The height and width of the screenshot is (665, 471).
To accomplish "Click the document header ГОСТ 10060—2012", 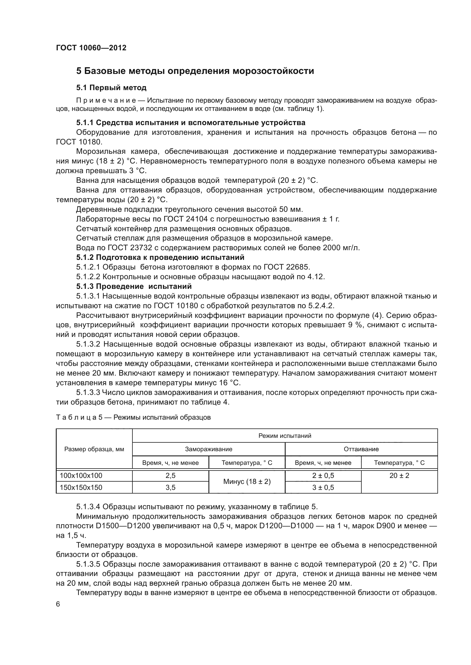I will coord(91,48).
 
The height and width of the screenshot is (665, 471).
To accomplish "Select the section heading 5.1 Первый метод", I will coord(111,88).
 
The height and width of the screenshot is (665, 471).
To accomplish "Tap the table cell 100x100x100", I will coord(81,476).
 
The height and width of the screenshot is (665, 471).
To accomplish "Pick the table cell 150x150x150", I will coord(81,488).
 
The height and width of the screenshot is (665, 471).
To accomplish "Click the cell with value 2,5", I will coord(171,476).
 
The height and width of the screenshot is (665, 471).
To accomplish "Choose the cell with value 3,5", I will coord(171,488).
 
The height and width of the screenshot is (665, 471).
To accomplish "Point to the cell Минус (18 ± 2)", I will coord(247,482).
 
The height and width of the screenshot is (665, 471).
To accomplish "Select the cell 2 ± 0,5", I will coord(323,476).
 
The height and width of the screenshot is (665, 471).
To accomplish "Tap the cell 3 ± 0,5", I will coord(323,488).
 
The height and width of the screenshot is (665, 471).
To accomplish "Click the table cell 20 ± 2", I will coord(399,476).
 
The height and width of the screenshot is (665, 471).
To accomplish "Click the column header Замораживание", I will coord(208,449).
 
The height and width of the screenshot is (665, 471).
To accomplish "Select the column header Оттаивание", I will coord(361,449).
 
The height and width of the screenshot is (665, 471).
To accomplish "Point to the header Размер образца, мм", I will coord(94,449).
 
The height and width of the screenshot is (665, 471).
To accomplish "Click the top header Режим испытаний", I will coord(285,436).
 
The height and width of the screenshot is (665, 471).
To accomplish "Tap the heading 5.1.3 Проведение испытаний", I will coord(134,287).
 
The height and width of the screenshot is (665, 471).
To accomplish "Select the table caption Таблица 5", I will coord(79,417).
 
